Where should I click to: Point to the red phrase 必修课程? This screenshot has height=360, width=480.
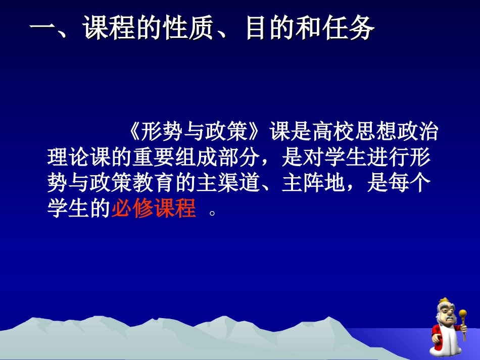tap(154, 208)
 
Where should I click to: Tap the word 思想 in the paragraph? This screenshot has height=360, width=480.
tap(375, 133)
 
